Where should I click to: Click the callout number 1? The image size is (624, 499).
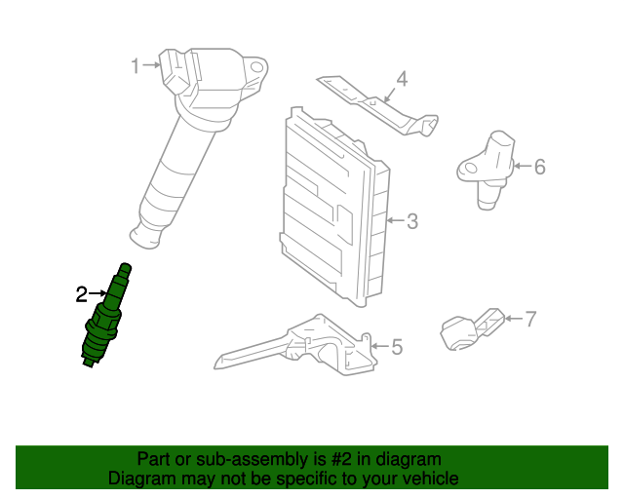pyautogui.click(x=136, y=65)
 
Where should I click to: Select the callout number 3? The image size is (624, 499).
pyautogui.click(x=412, y=222)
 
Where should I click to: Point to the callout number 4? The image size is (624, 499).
pyautogui.click(x=401, y=79)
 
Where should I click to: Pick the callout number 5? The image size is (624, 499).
pyautogui.click(x=397, y=345)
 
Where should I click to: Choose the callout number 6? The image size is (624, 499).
pyautogui.click(x=539, y=167)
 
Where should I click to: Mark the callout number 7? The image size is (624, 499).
pyautogui.click(x=530, y=318)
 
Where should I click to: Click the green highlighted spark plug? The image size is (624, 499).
pyautogui.click(x=105, y=317)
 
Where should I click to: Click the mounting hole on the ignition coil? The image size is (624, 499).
pyautogui.click(x=256, y=69)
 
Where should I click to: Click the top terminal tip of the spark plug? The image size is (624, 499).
pyautogui.click(x=125, y=267)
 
